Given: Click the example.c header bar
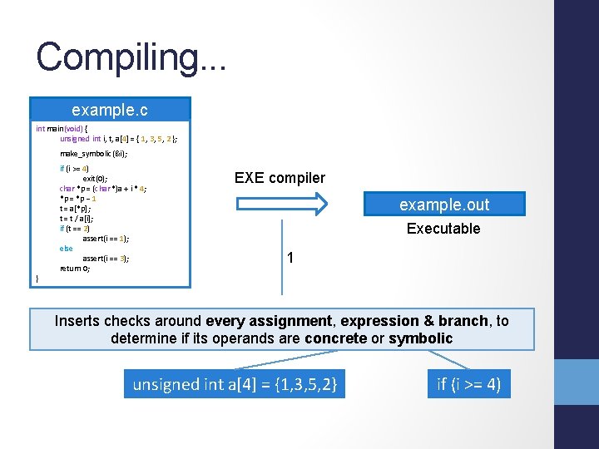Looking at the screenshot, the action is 110,109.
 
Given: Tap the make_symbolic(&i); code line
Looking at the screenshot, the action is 94,154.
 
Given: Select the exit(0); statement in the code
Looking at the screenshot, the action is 94,178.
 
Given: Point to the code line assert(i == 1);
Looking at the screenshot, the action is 106,238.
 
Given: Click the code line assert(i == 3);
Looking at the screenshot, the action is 106,259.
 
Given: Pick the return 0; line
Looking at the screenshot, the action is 75,269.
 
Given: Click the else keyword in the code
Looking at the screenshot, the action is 66,248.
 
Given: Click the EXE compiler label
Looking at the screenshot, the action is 280,178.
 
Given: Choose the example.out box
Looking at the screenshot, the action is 443,205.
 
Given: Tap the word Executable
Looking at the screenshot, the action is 443,229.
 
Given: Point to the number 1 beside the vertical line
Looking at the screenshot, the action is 290,259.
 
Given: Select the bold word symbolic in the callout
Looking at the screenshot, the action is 420,338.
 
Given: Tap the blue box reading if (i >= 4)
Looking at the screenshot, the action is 468,384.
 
